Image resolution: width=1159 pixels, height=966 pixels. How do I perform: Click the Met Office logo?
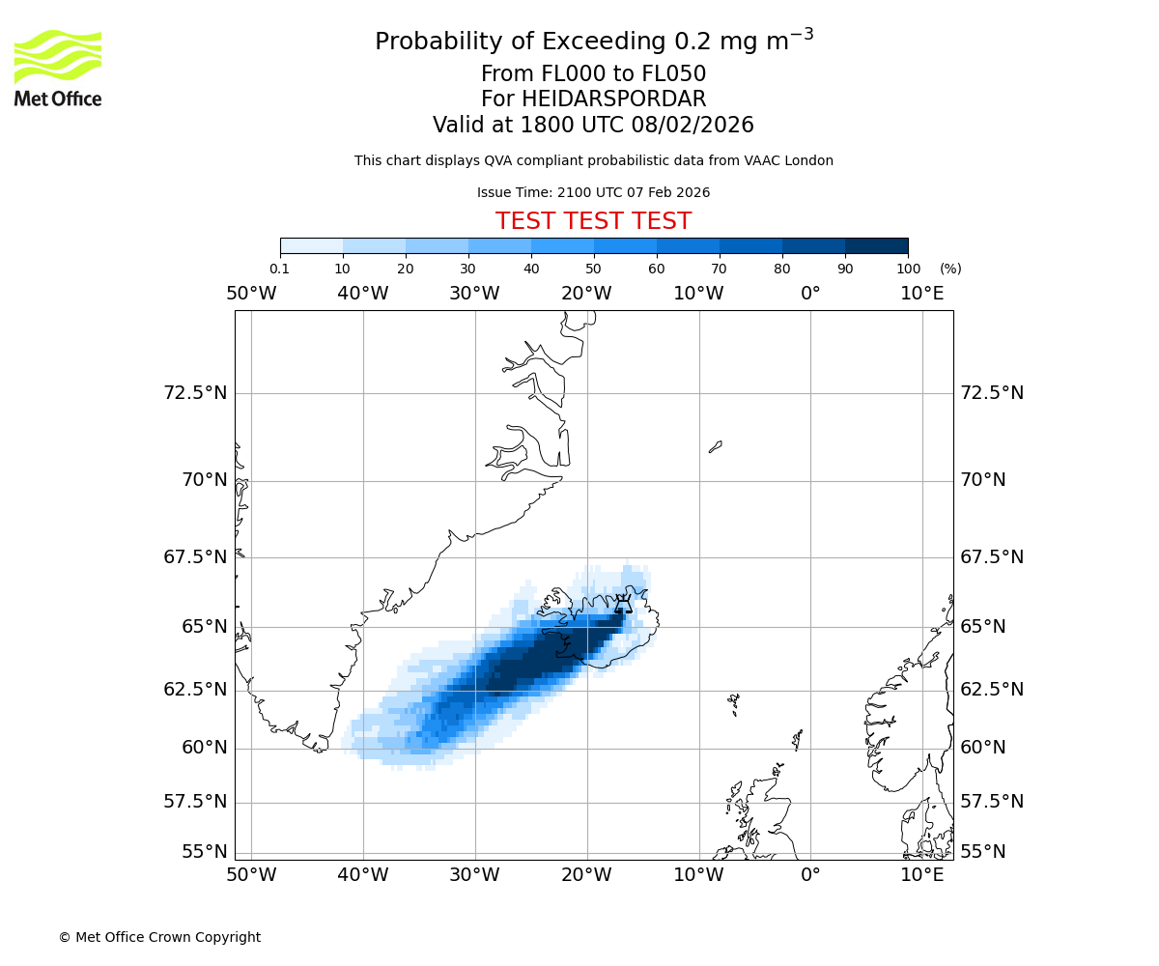coord(58,68)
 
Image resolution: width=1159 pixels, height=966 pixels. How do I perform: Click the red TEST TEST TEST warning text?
coord(593,221)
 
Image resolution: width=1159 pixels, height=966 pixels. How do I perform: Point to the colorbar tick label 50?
coord(593,269)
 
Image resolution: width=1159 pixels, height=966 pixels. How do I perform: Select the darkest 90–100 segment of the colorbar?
coord(876,245)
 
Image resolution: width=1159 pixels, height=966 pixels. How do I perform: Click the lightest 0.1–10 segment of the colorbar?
coord(311,245)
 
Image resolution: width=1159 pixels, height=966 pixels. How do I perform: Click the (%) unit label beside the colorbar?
coord(950,269)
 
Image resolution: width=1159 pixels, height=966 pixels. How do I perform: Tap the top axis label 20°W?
coord(586,293)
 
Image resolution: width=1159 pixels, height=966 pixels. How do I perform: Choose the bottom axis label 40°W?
coord(363,875)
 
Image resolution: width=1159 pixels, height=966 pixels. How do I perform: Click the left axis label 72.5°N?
coord(195,393)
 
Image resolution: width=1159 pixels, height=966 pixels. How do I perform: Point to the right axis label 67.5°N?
coord(992,557)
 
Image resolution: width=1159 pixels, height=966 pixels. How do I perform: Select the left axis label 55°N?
coord(204,851)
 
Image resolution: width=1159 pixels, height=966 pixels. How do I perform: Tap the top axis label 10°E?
coord(921,293)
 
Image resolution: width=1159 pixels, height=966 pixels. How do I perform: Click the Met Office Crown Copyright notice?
coord(159,937)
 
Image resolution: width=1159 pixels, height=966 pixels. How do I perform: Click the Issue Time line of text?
coord(593,192)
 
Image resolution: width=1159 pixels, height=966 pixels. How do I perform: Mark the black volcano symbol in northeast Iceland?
coord(624,605)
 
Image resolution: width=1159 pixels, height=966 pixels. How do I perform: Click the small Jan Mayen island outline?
coord(715,446)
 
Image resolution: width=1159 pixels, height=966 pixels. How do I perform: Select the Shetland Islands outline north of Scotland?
coord(798,739)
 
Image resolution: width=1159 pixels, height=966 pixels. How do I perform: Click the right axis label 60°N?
coord(983,747)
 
